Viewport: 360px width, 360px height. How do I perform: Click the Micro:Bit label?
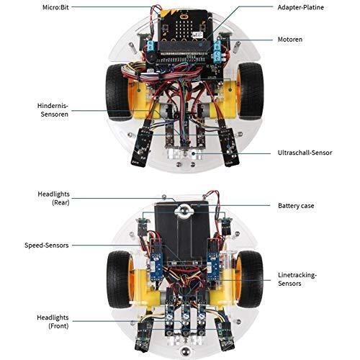(55, 7)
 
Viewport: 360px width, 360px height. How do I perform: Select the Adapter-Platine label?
(300, 7)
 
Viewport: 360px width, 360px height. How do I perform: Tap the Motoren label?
(290, 40)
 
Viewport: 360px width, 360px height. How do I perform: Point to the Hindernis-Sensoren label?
(53, 110)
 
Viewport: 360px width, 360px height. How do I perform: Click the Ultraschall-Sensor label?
(305, 153)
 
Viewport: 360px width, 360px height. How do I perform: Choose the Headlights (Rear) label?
(53, 198)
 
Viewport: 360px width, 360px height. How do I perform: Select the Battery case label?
(296, 206)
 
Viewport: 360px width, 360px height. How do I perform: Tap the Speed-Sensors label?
(47, 246)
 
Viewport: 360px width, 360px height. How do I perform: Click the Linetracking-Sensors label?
(297, 279)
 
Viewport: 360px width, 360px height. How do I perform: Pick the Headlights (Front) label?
(53, 322)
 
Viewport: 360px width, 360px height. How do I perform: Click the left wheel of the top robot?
(118, 92)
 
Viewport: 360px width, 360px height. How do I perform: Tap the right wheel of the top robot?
(250, 91)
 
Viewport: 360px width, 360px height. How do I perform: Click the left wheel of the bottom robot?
(119, 279)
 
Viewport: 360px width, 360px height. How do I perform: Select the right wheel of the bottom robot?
(250, 279)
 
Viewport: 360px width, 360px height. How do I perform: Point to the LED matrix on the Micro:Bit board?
(184, 30)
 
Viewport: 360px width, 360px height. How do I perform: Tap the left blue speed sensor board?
(156, 266)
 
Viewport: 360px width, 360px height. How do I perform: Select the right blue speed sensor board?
(213, 266)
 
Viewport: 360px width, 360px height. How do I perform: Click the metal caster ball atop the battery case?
(184, 211)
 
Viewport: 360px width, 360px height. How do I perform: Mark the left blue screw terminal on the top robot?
(150, 46)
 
